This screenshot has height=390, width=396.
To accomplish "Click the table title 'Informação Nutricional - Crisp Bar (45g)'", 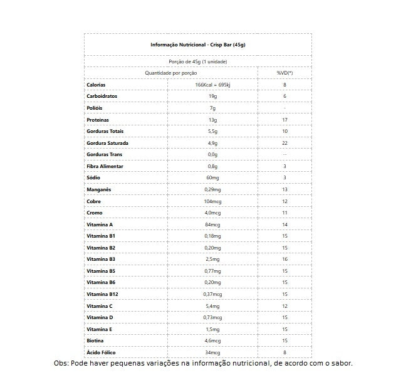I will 197,45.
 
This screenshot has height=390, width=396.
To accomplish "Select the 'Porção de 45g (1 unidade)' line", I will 197,61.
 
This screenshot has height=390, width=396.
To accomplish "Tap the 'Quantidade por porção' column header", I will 170,73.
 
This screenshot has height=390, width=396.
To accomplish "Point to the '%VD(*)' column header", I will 284,73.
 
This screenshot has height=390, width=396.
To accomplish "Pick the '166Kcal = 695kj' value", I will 212,85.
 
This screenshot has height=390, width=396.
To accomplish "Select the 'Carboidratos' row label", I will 102,97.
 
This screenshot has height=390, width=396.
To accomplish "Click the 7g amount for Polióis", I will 212,108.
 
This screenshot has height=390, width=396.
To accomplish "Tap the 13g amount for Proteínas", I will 212,120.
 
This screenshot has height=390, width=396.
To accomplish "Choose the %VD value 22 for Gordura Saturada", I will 284,143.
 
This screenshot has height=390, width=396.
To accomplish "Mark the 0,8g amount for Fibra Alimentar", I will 212,166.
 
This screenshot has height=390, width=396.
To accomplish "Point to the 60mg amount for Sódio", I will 212,177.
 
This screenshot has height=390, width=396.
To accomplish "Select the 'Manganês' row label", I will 98,189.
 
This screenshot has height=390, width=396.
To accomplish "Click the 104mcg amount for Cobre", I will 212,201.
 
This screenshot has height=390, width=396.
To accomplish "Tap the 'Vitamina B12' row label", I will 102,294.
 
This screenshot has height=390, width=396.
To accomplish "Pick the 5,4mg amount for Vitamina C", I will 212,306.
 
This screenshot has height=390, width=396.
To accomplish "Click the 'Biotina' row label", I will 96,340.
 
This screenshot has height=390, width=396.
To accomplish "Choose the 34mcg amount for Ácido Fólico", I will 212,352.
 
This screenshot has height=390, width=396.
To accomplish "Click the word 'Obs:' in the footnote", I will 61,364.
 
